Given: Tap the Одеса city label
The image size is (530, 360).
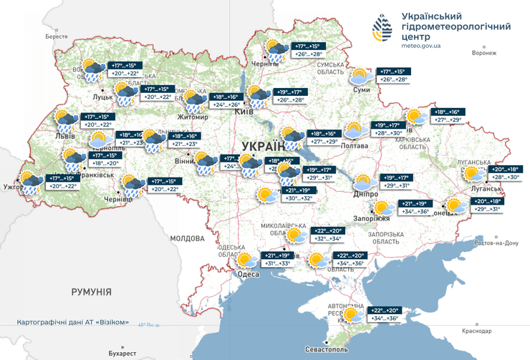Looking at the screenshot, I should (248, 275).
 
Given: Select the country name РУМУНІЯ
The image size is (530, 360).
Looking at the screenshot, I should (91, 292).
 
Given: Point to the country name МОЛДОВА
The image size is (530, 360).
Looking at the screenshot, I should (188, 238).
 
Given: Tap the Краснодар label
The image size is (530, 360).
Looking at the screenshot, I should (477, 331).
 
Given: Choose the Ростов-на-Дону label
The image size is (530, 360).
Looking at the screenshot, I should (501, 243).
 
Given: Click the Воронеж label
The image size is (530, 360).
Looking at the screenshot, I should (484, 53).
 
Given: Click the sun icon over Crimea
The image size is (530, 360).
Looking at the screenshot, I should (352, 315).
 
